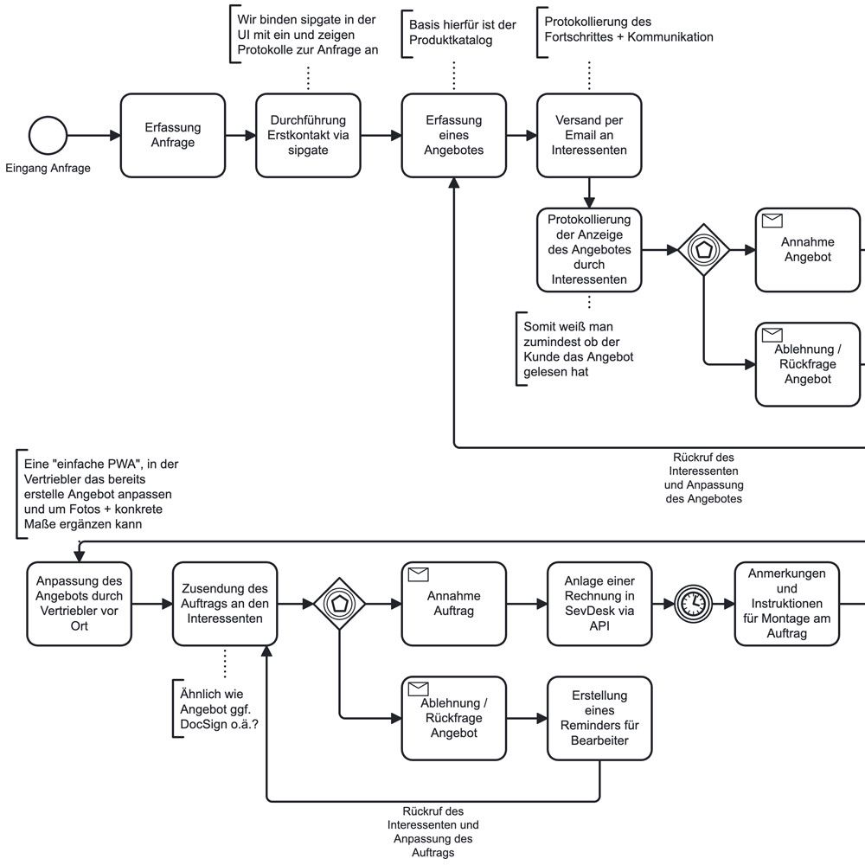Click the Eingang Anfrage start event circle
(x=48, y=136)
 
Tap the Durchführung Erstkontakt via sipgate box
(x=308, y=136)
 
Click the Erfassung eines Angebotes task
(x=453, y=136)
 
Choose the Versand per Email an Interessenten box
(x=588, y=136)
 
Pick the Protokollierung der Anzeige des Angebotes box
(x=588, y=250)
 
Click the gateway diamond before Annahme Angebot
(x=704, y=250)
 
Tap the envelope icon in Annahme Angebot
(x=772, y=221)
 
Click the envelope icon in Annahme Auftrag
(x=419, y=573)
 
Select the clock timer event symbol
(x=692, y=603)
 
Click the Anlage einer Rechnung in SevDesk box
(x=599, y=603)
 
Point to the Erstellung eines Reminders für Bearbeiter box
(x=599, y=718)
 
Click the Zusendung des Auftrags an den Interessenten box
(x=225, y=603)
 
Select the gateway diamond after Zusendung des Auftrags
(x=339, y=603)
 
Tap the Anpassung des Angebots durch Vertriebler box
(x=80, y=603)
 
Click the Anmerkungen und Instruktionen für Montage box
(x=787, y=603)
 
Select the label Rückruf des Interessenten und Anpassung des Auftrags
(x=432, y=830)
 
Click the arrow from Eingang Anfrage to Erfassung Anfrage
(x=93, y=136)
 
